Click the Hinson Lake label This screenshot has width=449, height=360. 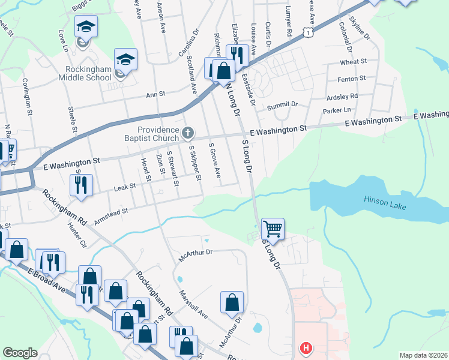385,203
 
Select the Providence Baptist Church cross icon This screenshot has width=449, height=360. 188,132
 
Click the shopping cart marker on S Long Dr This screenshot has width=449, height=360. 273,229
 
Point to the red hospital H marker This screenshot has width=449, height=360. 307,348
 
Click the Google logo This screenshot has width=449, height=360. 20,353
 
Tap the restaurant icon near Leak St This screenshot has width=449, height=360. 81,184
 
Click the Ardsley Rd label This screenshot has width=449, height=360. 342,96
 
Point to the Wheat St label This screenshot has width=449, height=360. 353,62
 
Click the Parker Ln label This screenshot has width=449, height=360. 336,110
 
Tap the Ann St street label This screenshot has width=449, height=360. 155,94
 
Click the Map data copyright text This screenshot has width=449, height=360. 423,355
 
